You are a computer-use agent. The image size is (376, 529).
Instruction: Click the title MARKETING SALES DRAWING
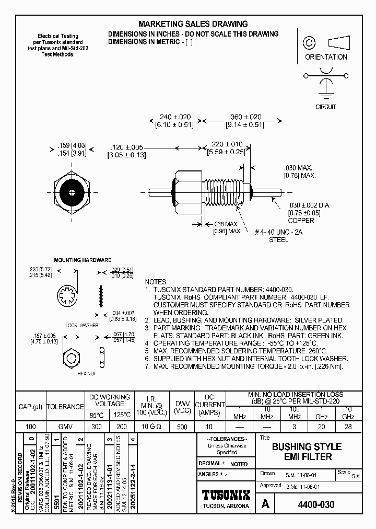(x=193, y=24)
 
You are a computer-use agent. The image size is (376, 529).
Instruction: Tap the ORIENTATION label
(x=326, y=57)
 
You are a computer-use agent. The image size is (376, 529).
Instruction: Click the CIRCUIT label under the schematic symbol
(x=326, y=107)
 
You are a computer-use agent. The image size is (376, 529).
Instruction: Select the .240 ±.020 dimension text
(x=174, y=117)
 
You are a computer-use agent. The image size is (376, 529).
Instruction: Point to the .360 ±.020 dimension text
(x=245, y=117)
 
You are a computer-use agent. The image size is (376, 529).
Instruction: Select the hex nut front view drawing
(x=70, y=358)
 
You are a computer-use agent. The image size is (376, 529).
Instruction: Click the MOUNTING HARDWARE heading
(x=83, y=260)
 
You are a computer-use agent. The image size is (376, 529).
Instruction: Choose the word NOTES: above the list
(x=156, y=282)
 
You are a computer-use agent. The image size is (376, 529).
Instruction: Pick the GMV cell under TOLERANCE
(x=65, y=427)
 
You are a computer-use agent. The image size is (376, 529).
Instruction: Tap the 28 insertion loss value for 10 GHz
(x=348, y=427)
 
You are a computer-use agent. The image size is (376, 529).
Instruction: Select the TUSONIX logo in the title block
(x=226, y=494)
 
